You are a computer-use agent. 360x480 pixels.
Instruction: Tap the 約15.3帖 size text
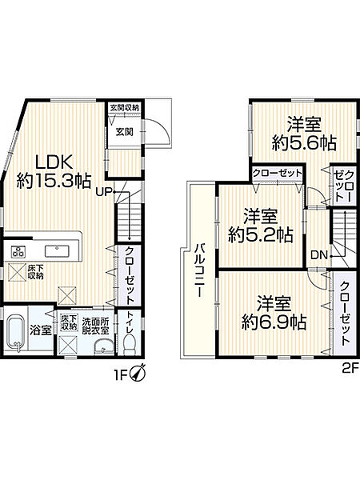(x=53, y=182)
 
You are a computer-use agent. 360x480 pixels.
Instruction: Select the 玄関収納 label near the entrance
(x=124, y=107)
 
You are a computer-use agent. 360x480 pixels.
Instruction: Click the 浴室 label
(x=42, y=329)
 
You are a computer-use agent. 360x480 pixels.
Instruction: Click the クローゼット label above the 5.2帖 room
(x=276, y=174)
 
